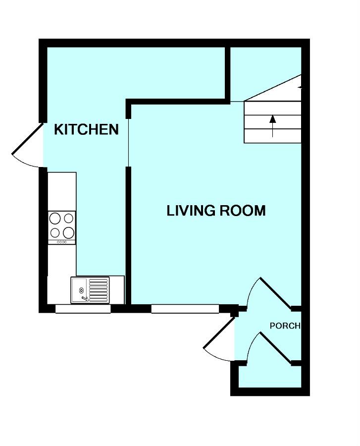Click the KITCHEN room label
pos(86,130)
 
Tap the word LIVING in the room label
pos(189,211)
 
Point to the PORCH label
pos(285,326)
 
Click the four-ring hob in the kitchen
pos(62,225)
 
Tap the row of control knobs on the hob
pos(62,242)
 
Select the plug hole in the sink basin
pos(81,290)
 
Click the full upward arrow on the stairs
pos(272,125)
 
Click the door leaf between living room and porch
pos(275,292)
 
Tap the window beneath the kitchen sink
pos(83,309)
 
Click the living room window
pos(185,309)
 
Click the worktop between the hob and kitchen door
pos(62,191)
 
